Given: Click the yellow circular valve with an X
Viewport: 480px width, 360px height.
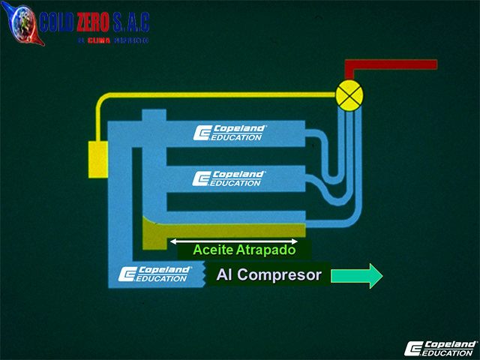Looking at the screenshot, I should point(349,94).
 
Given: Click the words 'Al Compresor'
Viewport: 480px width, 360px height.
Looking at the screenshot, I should point(268,275).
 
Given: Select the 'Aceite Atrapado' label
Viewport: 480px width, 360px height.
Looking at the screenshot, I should point(244,250).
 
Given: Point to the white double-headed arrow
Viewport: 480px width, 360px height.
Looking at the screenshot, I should point(234,241).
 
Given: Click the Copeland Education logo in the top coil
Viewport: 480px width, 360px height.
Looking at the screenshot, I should point(229,133).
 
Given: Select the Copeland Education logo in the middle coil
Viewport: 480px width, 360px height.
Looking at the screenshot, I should point(229,178).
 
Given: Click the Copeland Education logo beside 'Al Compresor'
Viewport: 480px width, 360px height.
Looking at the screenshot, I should point(154,274).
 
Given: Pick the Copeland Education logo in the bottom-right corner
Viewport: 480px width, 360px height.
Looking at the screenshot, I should point(440,347).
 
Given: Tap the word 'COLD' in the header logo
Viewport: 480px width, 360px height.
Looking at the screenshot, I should point(55,22).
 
